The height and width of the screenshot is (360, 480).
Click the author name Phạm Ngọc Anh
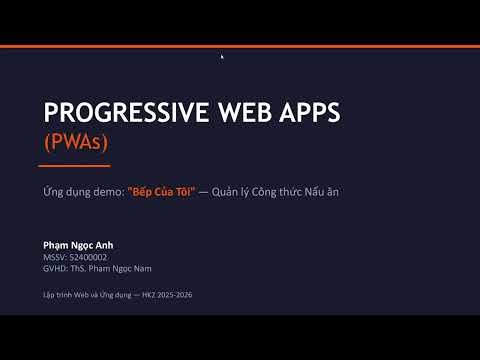79,245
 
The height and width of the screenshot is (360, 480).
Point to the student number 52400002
88,257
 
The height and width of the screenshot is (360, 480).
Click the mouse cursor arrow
222,57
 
